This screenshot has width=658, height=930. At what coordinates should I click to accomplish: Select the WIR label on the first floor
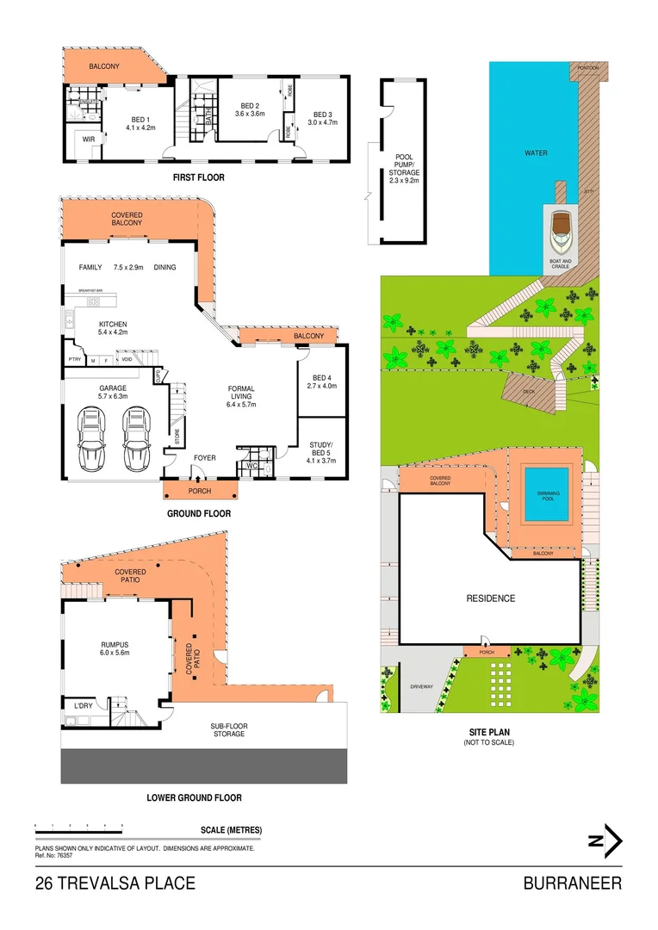click(89, 139)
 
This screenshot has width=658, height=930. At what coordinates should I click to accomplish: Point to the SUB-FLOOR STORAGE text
click(229, 730)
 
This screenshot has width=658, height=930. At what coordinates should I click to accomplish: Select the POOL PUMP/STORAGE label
click(404, 169)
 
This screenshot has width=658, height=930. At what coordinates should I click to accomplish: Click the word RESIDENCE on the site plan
click(491, 598)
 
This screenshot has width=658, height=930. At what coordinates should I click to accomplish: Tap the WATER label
click(537, 153)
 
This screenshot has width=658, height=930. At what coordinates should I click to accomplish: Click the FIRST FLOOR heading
click(199, 177)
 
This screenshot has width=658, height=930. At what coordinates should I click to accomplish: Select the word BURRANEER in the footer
click(572, 883)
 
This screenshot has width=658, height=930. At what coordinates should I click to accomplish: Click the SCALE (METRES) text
click(231, 830)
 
